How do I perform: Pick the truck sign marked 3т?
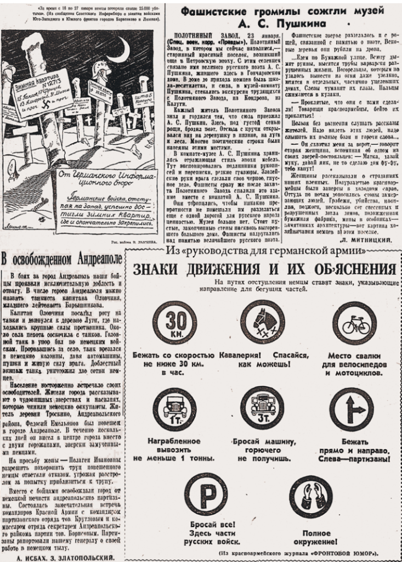(x=262, y=408)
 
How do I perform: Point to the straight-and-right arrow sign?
(x=351, y=409)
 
